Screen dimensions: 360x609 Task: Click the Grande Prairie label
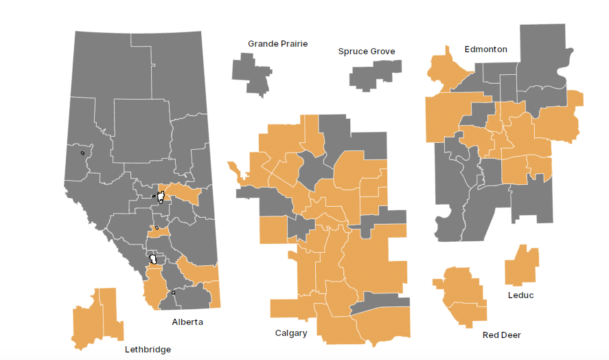coord(277,44)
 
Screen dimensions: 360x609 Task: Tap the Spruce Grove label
coord(367,52)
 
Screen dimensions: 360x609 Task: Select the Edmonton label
coord(485,49)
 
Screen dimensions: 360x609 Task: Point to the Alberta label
coord(187,322)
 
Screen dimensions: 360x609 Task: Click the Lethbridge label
coord(148,349)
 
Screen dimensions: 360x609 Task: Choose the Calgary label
coord(291,333)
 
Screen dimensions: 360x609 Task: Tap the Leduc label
coord(520,295)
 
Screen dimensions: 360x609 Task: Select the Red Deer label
coord(501,335)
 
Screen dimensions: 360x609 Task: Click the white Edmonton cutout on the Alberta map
coord(161,196)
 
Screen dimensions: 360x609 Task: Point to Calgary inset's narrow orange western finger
coord(238,172)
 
